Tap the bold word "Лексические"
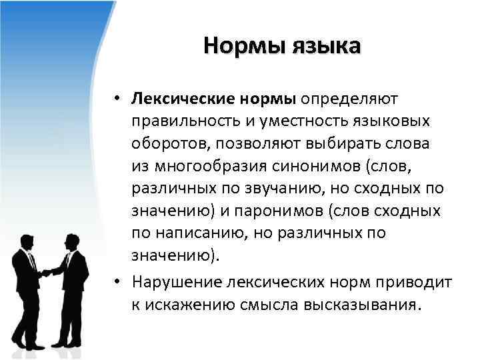(x=179, y=99)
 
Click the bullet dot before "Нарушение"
(x=117, y=282)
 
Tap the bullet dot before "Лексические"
(x=117, y=99)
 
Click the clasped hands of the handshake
(x=46, y=272)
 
